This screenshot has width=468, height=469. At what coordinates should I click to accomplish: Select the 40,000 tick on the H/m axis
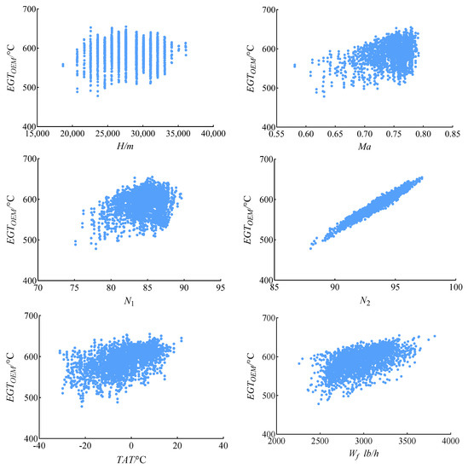[x=212, y=134]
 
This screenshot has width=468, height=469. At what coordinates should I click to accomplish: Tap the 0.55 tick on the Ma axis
[x=277, y=134]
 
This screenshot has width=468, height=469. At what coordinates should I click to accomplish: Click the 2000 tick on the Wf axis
[x=277, y=445]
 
